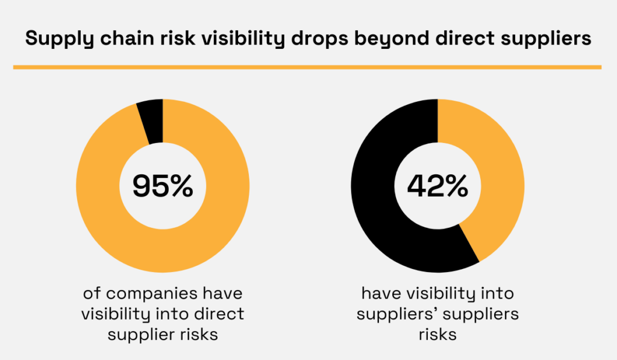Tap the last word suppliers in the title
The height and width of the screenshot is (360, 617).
546,39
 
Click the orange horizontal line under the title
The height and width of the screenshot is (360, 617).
307,67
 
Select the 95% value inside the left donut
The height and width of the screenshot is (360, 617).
163,186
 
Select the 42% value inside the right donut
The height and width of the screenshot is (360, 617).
437,186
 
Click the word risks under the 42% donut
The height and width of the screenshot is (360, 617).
437,334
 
